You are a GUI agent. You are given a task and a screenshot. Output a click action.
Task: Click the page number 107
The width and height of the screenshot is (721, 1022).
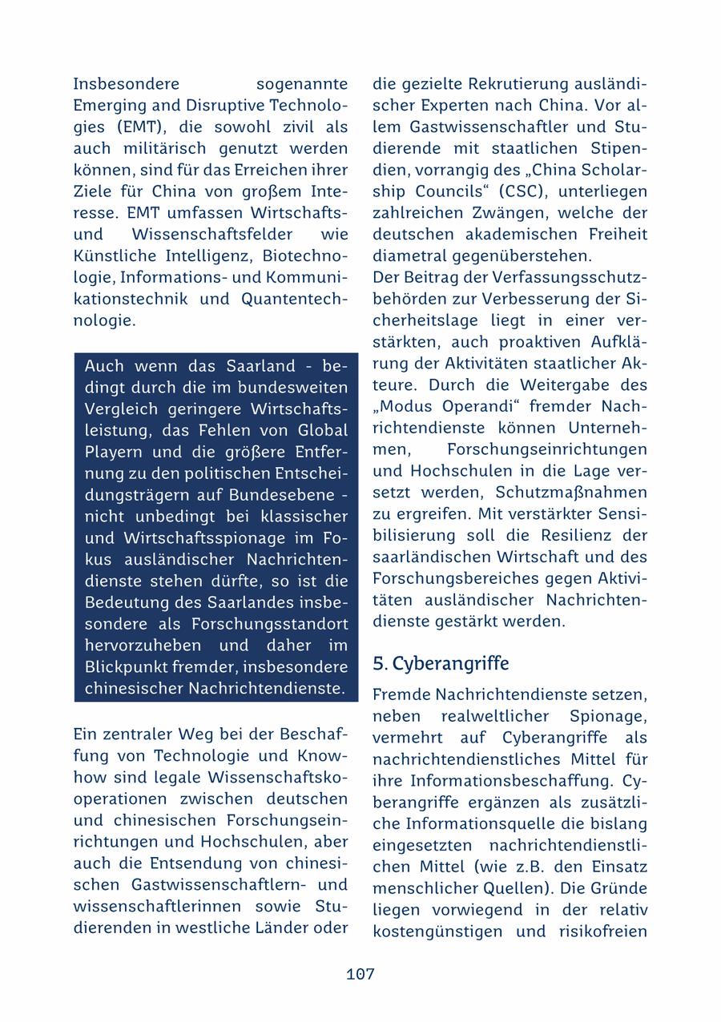(x=360, y=974)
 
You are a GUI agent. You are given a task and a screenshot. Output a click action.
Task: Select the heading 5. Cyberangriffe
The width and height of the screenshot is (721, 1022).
(x=441, y=664)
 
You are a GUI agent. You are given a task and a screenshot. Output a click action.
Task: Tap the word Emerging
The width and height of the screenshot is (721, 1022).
(x=105, y=106)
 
